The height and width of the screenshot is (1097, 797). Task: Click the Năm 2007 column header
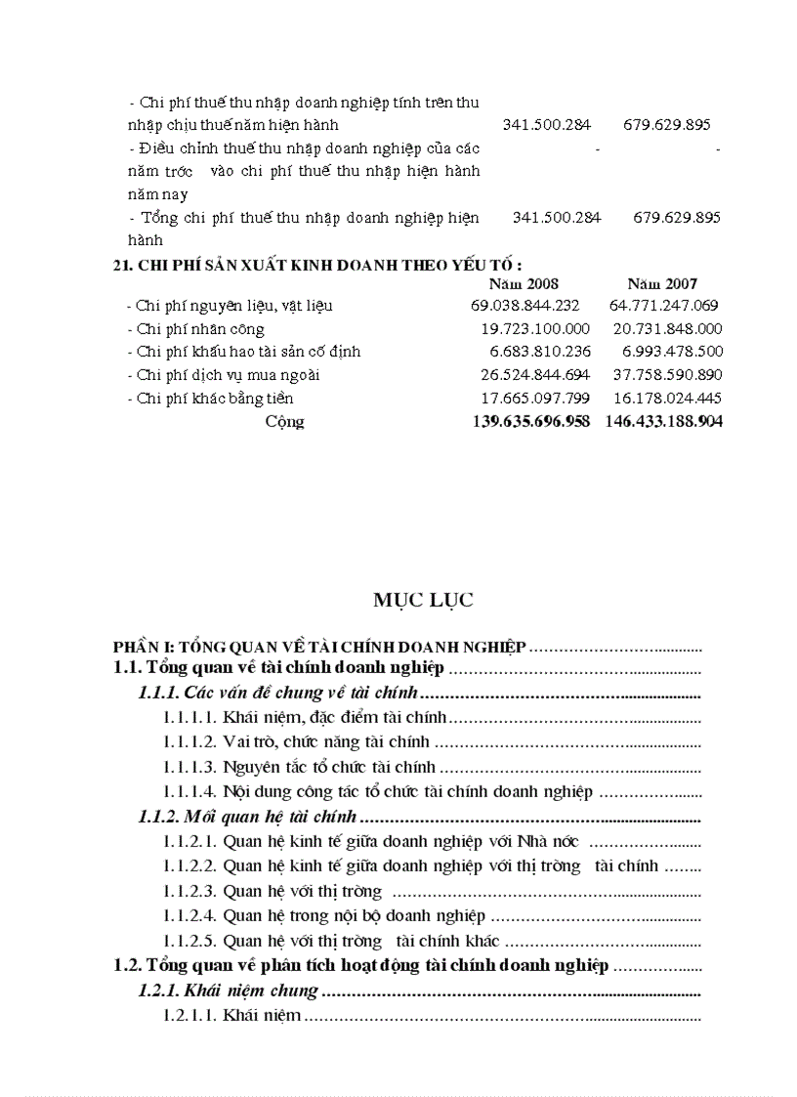[662, 283]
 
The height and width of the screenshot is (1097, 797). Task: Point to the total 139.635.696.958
[517, 422]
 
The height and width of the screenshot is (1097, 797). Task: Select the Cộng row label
[284, 422]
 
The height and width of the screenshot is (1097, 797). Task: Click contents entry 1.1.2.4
[324, 916]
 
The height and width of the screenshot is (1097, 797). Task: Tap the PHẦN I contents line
[319, 646]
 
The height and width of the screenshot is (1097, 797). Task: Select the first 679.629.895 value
[666, 125]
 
